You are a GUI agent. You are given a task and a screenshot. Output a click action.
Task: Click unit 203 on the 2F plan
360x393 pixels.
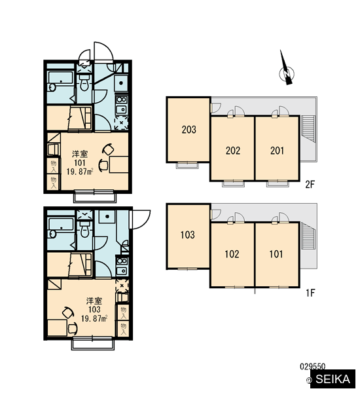(189, 130)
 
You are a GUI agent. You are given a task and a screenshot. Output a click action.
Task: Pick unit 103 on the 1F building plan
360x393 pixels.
(188, 236)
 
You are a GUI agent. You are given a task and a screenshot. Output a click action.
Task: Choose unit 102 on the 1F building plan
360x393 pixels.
(232, 254)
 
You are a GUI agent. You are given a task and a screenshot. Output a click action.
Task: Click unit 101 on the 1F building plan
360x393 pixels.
(277, 254)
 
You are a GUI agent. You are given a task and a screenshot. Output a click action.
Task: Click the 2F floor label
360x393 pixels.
(310, 185)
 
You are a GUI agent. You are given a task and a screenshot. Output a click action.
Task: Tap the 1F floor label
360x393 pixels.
(310, 293)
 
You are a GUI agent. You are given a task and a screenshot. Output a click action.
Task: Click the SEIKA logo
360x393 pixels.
(333, 379)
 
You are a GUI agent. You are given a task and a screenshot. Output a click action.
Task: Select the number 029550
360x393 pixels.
(313, 366)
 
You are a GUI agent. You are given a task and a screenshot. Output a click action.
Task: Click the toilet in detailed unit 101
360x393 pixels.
(84, 83)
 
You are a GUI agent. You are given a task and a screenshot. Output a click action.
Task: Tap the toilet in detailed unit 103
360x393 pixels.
(84, 229)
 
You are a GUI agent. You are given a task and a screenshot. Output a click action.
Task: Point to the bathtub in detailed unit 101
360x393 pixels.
(60, 81)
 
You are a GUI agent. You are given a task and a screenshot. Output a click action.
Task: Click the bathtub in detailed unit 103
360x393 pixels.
(61, 228)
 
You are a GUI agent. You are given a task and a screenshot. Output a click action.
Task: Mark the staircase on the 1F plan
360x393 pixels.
(308, 236)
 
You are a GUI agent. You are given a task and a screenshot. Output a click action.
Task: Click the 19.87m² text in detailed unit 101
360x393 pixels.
(80, 172)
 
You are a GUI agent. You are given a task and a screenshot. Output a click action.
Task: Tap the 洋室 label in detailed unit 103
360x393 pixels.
(94, 300)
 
